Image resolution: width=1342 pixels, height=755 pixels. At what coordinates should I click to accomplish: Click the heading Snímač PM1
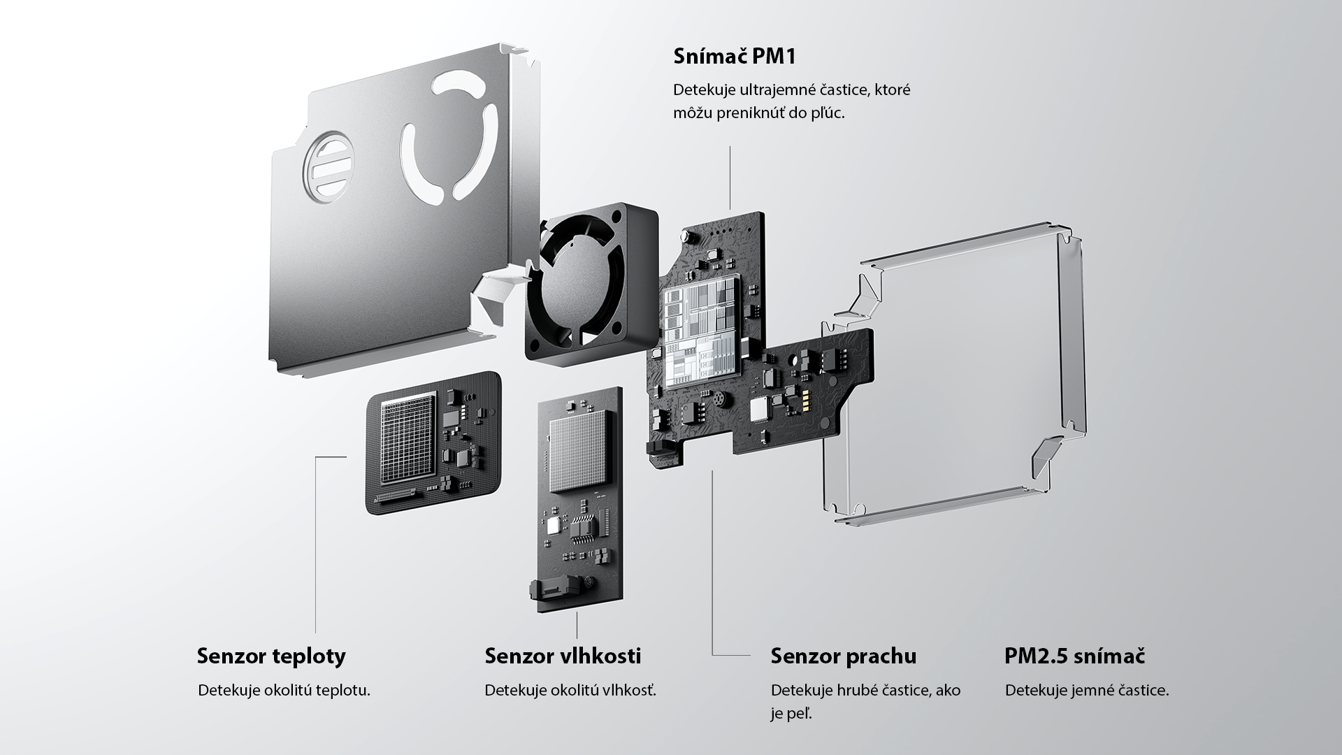tap(734, 57)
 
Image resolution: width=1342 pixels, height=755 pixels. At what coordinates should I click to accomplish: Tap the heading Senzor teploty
tap(271, 656)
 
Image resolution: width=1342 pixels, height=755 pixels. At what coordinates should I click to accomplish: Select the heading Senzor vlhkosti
tap(563, 656)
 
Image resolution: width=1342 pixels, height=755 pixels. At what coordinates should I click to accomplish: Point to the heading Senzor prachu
tap(843, 656)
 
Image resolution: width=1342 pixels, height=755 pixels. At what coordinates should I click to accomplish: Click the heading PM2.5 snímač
tap(1074, 656)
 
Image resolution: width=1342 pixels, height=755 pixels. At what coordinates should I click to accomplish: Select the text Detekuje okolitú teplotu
tap(284, 691)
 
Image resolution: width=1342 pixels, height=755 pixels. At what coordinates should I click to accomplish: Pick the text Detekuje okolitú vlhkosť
tap(570, 691)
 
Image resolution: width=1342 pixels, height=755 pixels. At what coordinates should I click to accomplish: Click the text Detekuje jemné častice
tap(1086, 691)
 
